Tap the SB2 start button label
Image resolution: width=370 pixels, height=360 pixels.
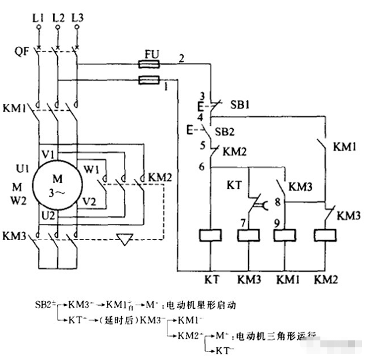[x=227, y=132]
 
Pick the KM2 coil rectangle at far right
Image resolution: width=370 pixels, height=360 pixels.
[x=325, y=235]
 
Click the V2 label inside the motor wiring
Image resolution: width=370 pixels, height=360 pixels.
[x=89, y=201]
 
